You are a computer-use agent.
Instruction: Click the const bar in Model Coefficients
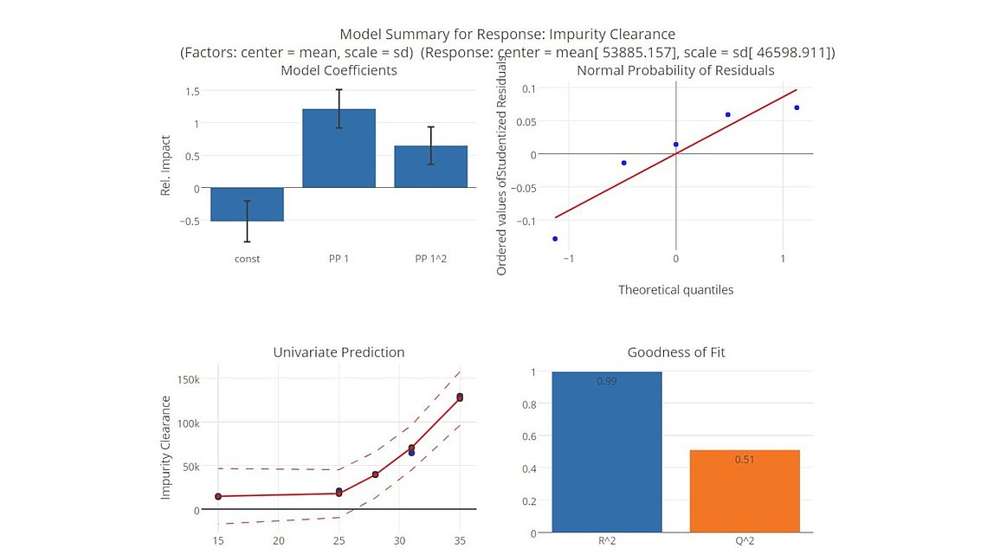point(247,204)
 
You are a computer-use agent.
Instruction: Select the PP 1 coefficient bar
point(339,148)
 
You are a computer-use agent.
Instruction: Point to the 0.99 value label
point(606,381)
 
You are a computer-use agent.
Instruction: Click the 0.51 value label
point(744,460)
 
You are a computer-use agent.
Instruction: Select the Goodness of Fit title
point(675,352)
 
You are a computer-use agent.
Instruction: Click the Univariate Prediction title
point(339,352)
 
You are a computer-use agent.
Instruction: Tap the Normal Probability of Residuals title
point(675,70)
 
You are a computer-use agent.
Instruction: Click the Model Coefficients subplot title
point(339,70)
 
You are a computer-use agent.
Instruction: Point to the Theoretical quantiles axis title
point(675,290)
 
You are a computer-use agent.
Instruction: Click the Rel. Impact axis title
point(166,165)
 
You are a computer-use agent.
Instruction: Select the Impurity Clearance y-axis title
point(166,447)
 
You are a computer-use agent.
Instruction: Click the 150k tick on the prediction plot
point(188,379)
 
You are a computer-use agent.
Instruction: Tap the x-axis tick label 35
point(459,541)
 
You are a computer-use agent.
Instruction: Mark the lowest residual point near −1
point(555,238)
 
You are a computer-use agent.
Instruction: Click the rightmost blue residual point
point(797,107)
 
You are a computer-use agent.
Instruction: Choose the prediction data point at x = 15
point(218,496)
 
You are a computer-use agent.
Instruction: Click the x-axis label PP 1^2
point(430,258)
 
